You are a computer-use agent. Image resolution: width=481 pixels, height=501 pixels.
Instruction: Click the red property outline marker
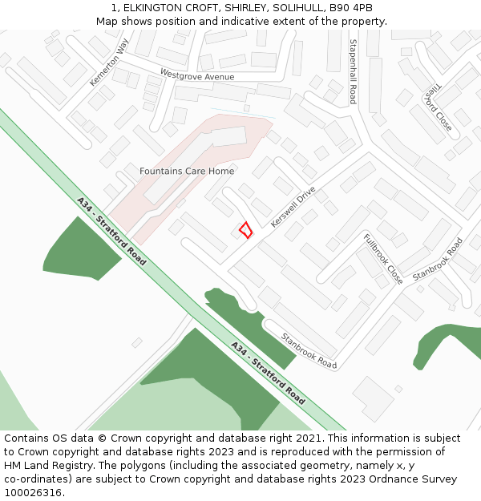(245, 229)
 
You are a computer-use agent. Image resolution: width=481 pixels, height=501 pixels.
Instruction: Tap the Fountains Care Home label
(187, 171)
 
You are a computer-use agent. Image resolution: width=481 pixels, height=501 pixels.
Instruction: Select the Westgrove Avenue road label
(197, 76)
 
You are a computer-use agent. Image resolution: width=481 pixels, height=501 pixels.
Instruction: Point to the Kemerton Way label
(109, 62)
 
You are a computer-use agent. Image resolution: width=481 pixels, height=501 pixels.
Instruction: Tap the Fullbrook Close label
(383, 259)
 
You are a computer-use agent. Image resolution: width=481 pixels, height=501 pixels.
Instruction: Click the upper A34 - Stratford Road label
(111, 231)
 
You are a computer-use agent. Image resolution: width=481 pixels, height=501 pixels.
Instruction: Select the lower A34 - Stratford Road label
(268, 373)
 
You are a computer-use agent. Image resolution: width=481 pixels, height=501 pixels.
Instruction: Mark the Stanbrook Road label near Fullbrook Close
(438, 260)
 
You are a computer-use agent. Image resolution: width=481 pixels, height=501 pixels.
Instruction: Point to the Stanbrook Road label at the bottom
(309, 350)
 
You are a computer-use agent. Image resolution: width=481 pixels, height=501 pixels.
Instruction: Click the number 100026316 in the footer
(33, 492)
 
